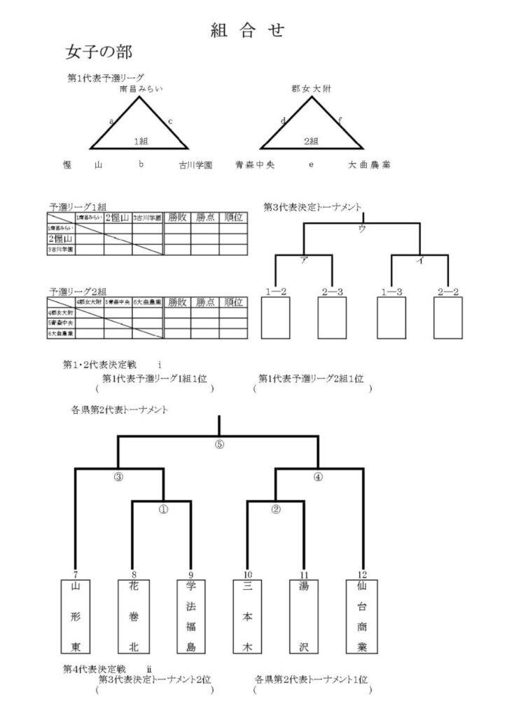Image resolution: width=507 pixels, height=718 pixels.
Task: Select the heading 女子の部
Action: pos(98,53)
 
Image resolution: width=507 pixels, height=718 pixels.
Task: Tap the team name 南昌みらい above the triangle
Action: pos(141,89)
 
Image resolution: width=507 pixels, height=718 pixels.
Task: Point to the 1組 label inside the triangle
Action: pos(141,141)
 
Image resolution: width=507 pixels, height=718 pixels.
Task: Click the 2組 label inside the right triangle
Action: pos(311,141)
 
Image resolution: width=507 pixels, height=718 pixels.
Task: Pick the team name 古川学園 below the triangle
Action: pos(195,165)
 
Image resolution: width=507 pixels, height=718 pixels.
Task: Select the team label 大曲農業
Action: pos(369,165)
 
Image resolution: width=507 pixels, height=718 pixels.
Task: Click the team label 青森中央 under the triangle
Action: pos(255,165)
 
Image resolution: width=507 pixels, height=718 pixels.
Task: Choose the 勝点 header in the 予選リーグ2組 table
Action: pos(204,302)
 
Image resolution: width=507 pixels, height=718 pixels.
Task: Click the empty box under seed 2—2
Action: pos(447,318)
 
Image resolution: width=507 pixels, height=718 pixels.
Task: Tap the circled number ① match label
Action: pos(162,510)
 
